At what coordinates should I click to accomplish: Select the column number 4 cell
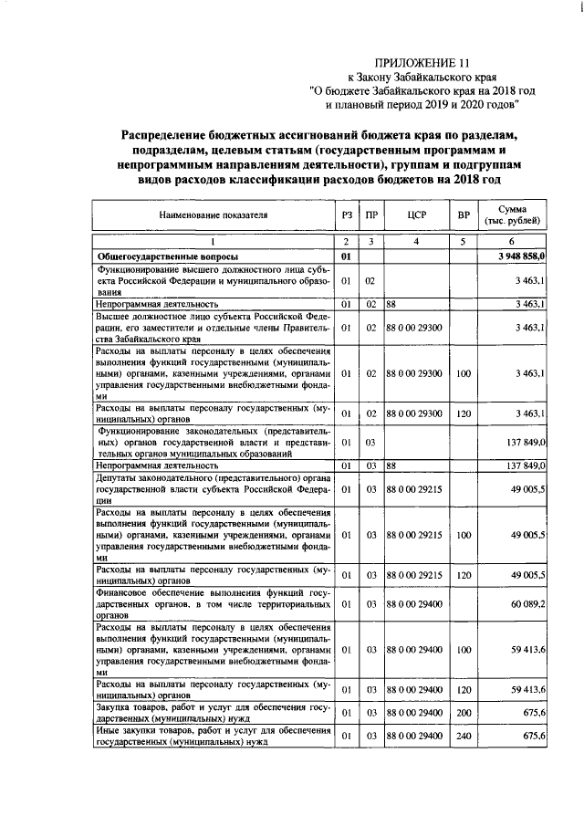click(x=416, y=242)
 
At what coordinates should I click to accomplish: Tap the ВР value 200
click(x=464, y=712)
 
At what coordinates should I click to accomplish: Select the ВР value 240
click(x=464, y=736)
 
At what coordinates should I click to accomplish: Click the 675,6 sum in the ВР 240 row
click(x=532, y=736)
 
